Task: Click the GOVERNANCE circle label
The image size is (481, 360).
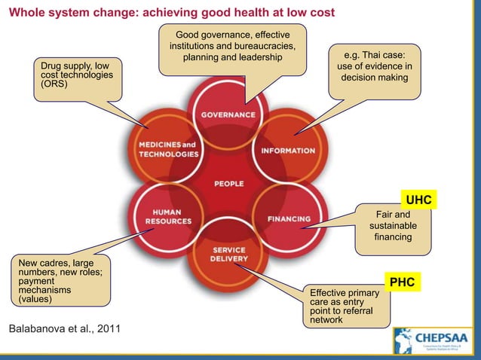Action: [x=227, y=114]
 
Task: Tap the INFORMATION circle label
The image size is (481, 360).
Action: [x=288, y=151]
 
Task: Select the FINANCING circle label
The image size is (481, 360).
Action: [x=288, y=219]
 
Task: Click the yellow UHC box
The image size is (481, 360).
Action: [x=418, y=200]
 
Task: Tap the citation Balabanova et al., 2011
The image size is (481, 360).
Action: [x=63, y=330]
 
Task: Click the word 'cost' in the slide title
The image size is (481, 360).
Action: [x=319, y=14]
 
